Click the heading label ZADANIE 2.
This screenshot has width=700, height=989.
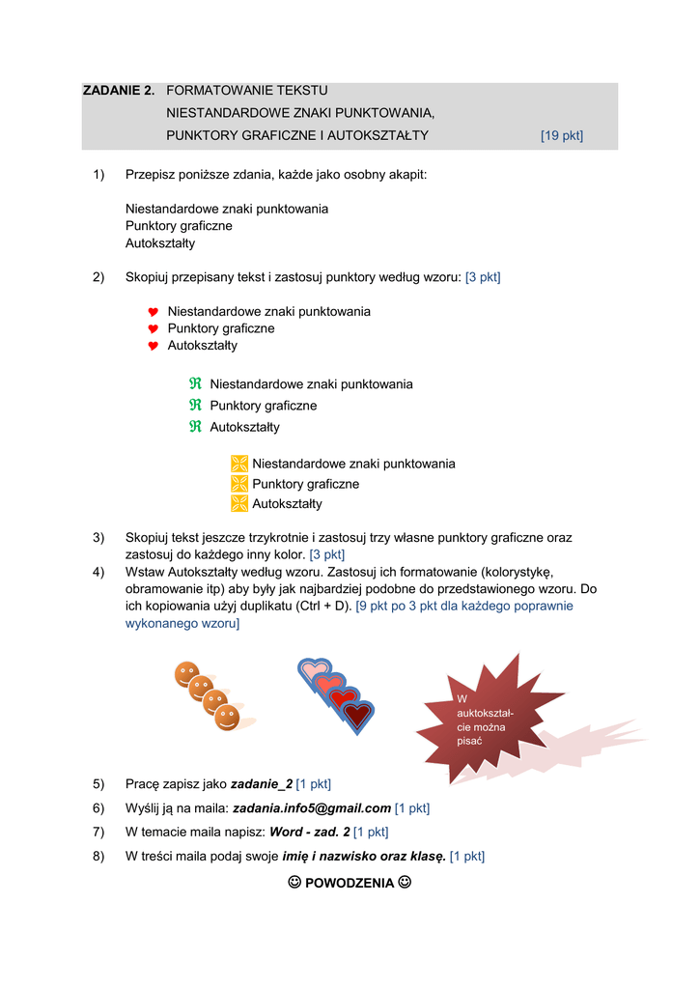tap(118, 90)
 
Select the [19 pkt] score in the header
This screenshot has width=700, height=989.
tap(561, 135)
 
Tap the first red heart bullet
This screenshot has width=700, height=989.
tap(153, 312)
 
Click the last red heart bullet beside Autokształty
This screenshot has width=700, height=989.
tap(153, 346)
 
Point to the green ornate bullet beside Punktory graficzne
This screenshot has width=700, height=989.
tap(195, 406)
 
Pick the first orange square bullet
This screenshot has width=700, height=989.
tap(239, 464)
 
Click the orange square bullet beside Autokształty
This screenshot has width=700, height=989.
tap(239, 503)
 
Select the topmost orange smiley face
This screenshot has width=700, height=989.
tap(186, 674)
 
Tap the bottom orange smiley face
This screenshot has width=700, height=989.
tap(227, 718)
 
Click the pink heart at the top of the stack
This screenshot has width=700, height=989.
tap(314, 669)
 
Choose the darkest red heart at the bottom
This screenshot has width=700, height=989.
tap(357, 716)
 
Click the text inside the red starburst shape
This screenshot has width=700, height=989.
tap(485, 719)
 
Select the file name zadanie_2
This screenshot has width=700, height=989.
tap(262, 783)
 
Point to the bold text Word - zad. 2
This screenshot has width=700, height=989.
tap(309, 832)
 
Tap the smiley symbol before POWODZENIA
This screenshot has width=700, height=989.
tap(294, 882)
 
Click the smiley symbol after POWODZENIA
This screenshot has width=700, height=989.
tap(405, 882)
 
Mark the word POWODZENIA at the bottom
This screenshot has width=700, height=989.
tap(350, 883)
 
